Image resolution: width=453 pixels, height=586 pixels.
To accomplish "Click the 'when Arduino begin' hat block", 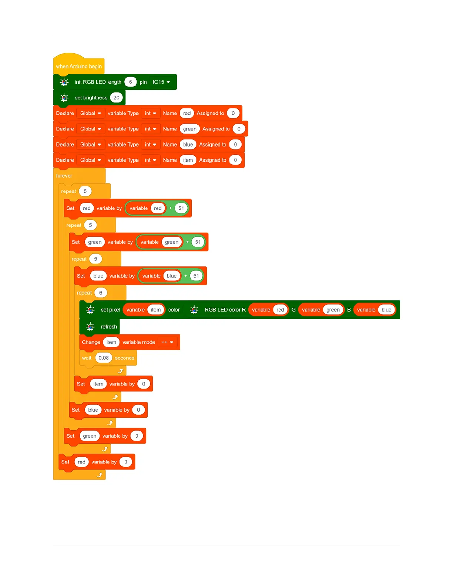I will [78, 66].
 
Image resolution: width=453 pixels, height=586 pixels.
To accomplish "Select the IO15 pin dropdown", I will [161, 82].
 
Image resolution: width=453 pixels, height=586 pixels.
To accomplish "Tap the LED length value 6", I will [130, 82].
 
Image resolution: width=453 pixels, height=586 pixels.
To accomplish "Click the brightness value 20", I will [116, 98].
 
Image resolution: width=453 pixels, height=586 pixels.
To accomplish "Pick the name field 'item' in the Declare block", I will [188, 160].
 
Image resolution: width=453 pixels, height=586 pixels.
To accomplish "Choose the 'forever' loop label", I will [64, 176].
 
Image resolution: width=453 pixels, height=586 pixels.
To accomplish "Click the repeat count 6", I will [101, 293].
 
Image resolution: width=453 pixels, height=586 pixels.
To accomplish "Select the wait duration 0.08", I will [104, 358].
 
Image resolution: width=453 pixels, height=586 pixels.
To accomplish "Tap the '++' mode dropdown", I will [167, 342].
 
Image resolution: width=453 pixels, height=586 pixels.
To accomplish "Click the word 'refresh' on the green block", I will [109, 327].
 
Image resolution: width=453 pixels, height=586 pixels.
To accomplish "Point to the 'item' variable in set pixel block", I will [156, 310].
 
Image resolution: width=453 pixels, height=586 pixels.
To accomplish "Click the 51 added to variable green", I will [198, 242].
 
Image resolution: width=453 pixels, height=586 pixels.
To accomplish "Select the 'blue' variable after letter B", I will [386, 310].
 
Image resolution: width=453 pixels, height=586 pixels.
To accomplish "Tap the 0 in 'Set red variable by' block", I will [126, 462].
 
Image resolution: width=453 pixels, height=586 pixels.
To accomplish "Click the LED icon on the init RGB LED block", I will [64, 82].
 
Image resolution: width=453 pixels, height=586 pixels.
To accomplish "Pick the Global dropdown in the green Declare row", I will [90, 129].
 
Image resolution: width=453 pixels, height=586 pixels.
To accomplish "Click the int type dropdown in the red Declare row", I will [150, 113].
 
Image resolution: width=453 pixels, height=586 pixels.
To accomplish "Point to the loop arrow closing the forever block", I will [100, 475].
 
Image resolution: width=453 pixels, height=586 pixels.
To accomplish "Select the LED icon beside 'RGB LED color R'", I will [194, 310].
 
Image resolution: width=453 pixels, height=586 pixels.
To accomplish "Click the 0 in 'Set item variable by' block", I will [144, 384].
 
